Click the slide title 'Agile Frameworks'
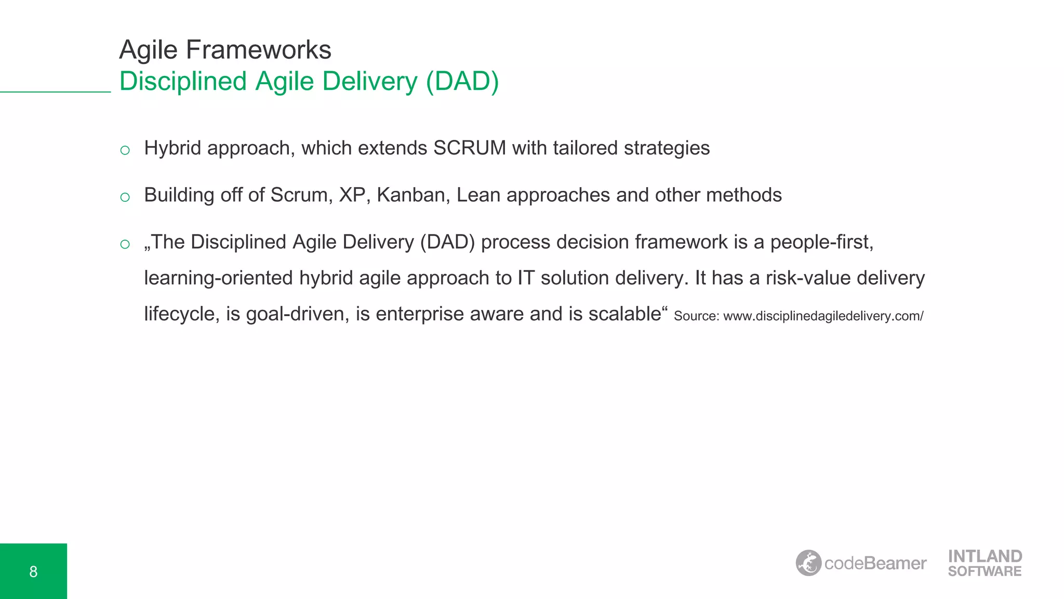click(x=225, y=50)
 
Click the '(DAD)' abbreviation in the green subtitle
click(x=462, y=82)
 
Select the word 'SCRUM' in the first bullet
click(x=470, y=148)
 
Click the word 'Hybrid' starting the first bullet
click(x=172, y=148)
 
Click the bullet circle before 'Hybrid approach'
click(x=125, y=151)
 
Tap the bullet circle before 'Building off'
click(x=125, y=198)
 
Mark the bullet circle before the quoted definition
click(x=125, y=244)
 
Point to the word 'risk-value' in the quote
click(x=808, y=278)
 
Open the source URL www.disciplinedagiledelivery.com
click(x=823, y=316)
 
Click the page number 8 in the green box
click(x=33, y=572)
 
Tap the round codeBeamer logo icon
click(x=808, y=563)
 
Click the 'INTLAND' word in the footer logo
click(x=985, y=556)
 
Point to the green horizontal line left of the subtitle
click(x=55, y=92)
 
